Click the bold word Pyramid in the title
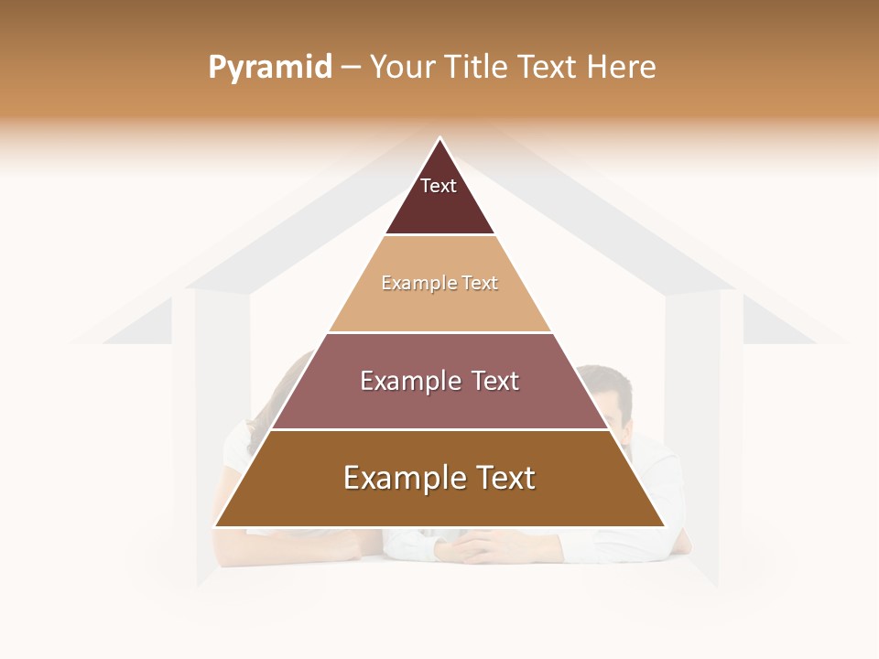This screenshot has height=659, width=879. tap(270, 68)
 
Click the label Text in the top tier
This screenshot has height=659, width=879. tap(439, 186)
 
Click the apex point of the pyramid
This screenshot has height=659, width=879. tap(439, 140)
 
